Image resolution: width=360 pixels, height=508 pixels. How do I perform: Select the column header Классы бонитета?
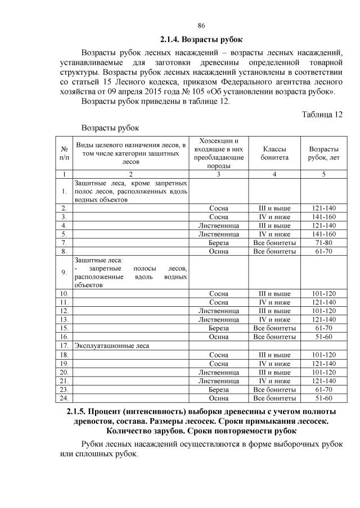274,154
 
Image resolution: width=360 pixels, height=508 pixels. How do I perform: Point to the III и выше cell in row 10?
274,293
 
